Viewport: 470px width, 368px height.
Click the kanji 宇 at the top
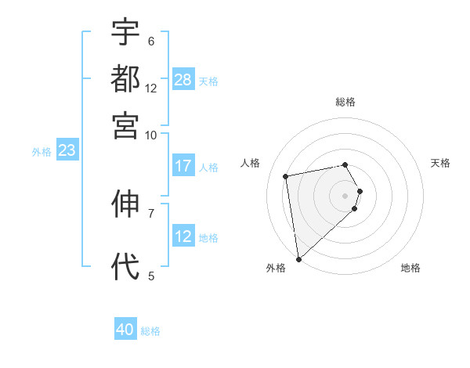point(125,33)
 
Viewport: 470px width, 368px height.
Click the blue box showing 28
point(183,80)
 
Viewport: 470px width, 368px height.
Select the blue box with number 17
point(183,166)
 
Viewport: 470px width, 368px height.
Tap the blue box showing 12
point(183,236)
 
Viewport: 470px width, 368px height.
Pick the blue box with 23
point(67,151)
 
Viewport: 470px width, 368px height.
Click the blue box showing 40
point(125,330)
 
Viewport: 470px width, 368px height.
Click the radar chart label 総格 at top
point(345,102)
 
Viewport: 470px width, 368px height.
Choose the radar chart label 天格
point(440,162)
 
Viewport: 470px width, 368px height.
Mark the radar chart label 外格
point(276,268)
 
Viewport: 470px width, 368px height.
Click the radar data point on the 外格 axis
point(298,258)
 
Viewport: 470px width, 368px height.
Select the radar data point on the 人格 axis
point(286,175)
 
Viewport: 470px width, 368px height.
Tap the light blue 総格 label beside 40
point(150,331)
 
